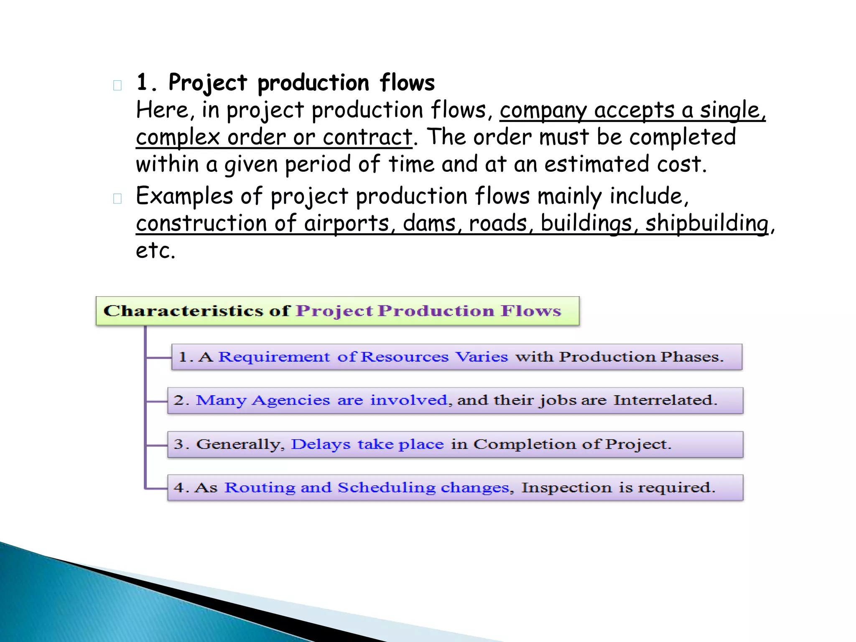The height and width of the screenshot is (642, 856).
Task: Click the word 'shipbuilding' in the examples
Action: point(706,223)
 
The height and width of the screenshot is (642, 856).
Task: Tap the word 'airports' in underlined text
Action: point(346,223)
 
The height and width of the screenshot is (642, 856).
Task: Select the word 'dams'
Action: point(429,223)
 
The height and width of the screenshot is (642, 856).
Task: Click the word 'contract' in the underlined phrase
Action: point(367,137)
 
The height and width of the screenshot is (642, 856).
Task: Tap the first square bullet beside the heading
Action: point(117,86)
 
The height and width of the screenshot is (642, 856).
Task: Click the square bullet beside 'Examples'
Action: point(117,199)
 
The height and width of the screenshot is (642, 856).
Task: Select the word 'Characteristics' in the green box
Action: point(183,311)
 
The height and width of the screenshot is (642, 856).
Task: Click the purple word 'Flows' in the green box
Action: point(531,311)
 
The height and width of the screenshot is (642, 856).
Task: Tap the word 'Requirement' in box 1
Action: point(274,357)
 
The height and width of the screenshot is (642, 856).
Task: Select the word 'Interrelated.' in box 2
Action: point(665,400)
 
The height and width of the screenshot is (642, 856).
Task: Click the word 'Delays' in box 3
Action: point(321,444)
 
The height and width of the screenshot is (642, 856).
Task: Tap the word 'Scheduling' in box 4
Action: point(386,488)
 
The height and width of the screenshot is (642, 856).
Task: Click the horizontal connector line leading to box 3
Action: point(157,445)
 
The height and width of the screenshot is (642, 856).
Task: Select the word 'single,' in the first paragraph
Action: point(733,110)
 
